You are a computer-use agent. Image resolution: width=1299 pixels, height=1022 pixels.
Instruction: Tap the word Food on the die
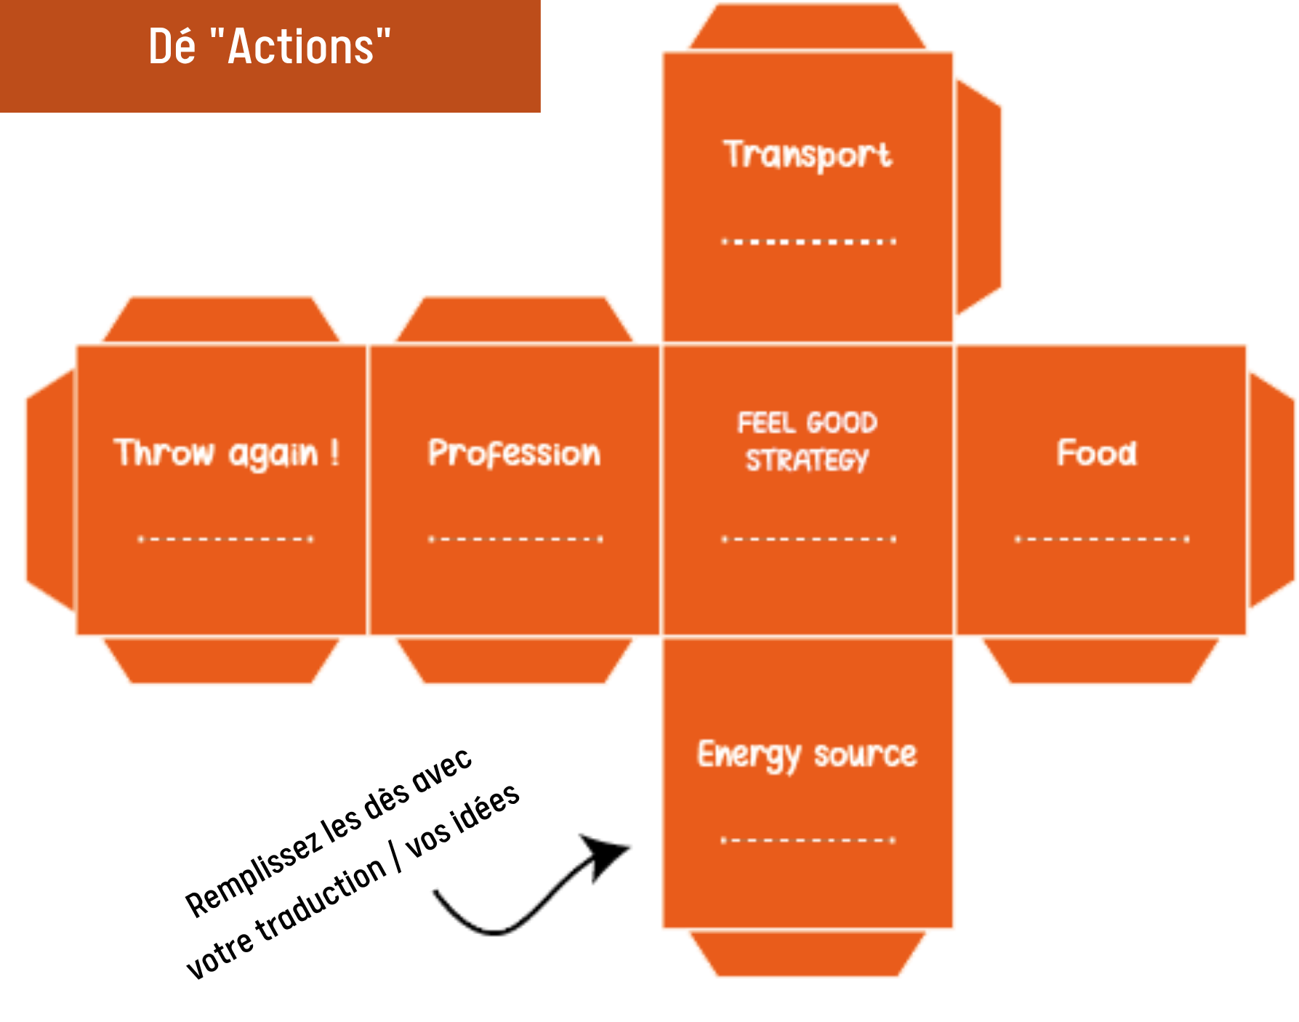point(1097,453)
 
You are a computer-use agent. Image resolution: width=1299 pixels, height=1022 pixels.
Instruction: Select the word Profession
point(515,454)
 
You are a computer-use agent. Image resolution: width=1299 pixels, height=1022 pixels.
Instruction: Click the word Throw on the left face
point(164,453)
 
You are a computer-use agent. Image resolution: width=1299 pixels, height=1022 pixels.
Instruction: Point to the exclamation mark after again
point(334,452)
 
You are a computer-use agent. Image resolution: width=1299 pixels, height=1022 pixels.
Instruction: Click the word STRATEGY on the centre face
point(807,460)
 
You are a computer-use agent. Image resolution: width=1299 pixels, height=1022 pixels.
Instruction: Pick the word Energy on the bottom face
point(749,755)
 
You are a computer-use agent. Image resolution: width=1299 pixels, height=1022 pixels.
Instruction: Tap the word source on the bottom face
point(865,755)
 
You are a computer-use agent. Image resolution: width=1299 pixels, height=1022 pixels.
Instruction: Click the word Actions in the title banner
point(301,47)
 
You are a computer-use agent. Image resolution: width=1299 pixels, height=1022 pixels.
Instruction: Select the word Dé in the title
point(172,47)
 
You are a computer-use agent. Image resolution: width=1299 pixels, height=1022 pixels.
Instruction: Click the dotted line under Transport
point(808,241)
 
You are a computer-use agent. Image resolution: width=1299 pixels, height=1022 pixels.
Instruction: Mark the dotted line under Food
point(1102,539)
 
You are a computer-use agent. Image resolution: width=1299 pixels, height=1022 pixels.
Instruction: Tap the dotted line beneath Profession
point(515,539)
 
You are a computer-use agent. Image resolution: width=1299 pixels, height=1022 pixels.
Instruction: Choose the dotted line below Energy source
point(808,840)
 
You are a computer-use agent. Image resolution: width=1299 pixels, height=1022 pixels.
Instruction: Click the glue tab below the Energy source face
point(807,953)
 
